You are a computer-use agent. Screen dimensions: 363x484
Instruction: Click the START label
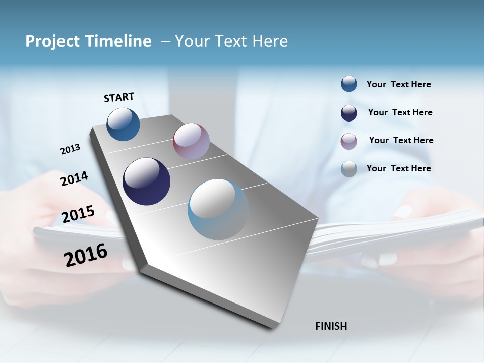point(119,97)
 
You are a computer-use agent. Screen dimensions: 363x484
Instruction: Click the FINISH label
point(331,326)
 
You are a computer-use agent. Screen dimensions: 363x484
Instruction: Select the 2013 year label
point(70,149)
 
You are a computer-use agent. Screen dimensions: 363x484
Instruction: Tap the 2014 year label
point(74,178)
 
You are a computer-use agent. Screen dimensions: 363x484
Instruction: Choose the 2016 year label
point(86,255)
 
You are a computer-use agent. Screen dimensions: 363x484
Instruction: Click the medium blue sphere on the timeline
point(123,124)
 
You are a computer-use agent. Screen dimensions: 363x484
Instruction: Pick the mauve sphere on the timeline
point(191,141)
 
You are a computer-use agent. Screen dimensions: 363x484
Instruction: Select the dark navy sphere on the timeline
point(146,181)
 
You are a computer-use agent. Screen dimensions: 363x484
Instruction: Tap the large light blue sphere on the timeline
point(218,209)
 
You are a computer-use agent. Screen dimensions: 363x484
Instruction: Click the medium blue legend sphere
point(349,84)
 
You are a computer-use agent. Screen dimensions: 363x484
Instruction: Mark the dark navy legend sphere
point(349,113)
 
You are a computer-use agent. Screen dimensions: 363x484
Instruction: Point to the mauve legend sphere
point(349,141)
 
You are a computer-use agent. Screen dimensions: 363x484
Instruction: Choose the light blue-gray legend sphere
point(349,169)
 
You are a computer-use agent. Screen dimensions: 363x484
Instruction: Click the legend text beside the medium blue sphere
point(398,84)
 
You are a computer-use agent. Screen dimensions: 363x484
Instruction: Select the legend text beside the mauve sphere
point(401,140)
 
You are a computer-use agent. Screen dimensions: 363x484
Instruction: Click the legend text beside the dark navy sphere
point(400,112)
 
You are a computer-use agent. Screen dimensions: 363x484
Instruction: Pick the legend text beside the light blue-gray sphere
point(398,168)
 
